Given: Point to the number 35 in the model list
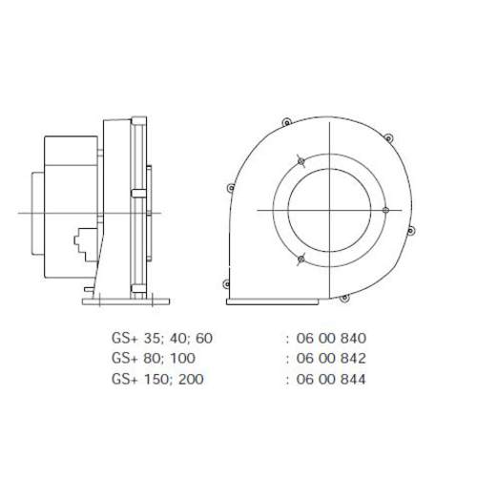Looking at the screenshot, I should (x=144, y=338).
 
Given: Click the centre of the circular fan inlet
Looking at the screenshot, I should (x=327, y=211).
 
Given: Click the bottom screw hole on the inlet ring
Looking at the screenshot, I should (x=301, y=259).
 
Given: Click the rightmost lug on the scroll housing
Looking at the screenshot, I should (x=410, y=231).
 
